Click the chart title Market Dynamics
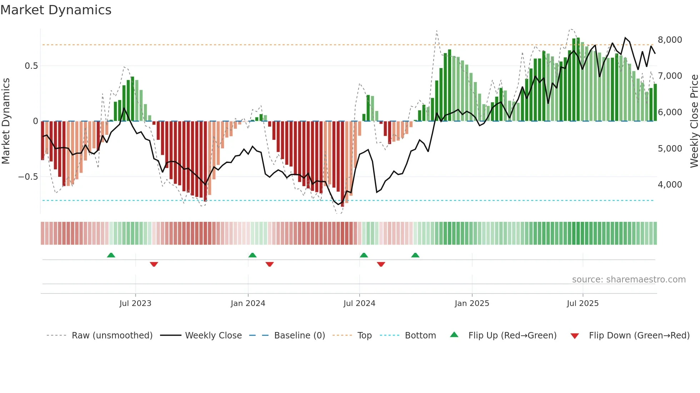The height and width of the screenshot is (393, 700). [x=56, y=10]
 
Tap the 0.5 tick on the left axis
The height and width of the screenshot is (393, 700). [x=31, y=66]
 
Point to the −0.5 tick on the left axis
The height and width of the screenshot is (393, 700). [x=28, y=177]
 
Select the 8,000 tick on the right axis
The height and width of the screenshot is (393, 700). [x=670, y=40]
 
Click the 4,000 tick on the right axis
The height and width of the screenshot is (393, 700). [x=670, y=185]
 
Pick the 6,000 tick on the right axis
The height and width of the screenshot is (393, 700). [x=670, y=112]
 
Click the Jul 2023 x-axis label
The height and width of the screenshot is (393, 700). [x=135, y=303]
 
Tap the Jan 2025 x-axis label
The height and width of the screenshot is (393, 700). [x=472, y=303]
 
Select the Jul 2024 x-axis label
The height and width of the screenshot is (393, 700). [x=359, y=303]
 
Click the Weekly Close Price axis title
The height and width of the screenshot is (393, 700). [x=694, y=121]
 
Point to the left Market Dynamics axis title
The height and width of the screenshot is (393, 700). [x=6, y=121]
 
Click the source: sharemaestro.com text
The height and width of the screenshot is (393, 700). [x=629, y=280]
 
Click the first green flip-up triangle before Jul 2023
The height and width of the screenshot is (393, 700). [x=111, y=255]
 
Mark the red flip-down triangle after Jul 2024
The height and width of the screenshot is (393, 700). [x=381, y=264]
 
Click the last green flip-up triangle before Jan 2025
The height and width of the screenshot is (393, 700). [x=415, y=255]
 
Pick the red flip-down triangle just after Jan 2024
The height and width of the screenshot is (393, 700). [x=270, y=264]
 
